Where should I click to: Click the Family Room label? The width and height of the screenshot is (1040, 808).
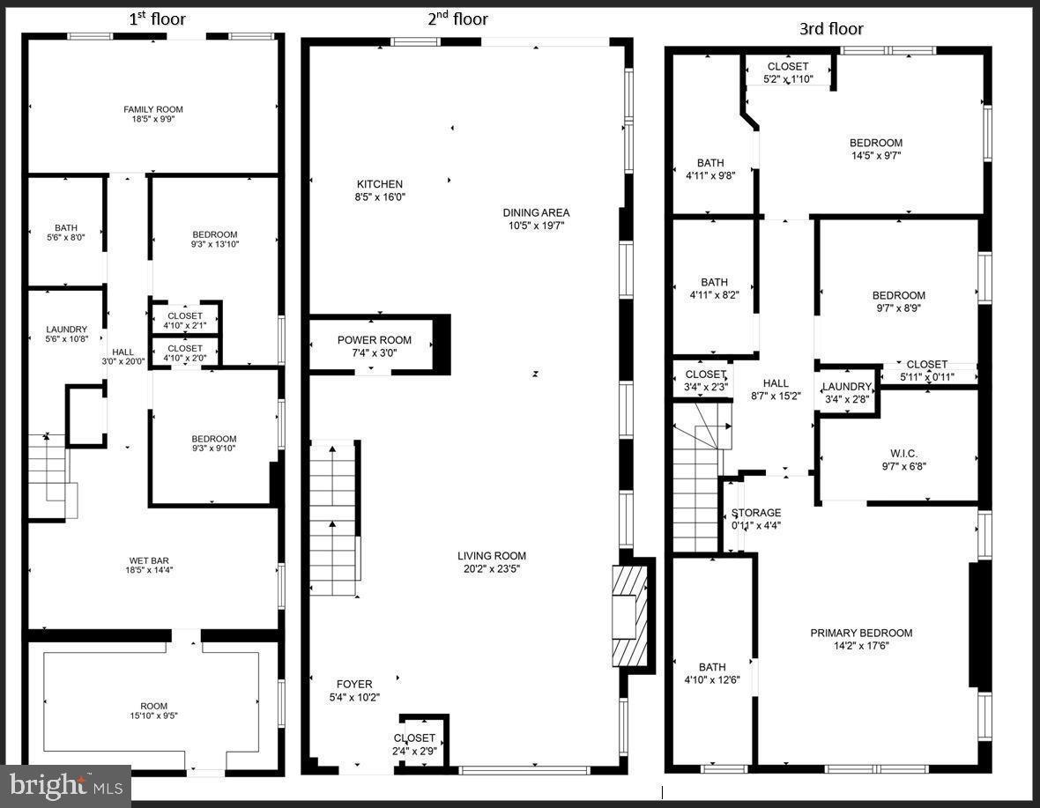(153, 109)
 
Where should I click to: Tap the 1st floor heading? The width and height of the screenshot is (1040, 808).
(158, 19)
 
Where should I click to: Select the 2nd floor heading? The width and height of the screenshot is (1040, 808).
(457, 19)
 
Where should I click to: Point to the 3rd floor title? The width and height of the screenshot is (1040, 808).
(830, 29)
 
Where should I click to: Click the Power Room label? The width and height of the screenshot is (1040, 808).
(375, 340)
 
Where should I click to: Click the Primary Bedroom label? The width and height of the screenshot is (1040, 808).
(861, 633)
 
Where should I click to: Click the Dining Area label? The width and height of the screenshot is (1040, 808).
(536, 212)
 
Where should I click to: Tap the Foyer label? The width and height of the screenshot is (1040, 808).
(354, 684)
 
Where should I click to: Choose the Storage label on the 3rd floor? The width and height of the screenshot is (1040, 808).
(756, 513)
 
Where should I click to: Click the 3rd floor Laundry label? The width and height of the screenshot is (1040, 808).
(846, 387)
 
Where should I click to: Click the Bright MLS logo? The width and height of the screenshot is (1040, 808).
(65, 784)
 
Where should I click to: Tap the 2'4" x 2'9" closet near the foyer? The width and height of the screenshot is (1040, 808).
(414, 751)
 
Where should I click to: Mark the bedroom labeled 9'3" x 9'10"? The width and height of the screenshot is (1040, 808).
(214, 444)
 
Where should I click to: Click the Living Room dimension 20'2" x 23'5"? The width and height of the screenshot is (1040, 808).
(491, 568)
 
